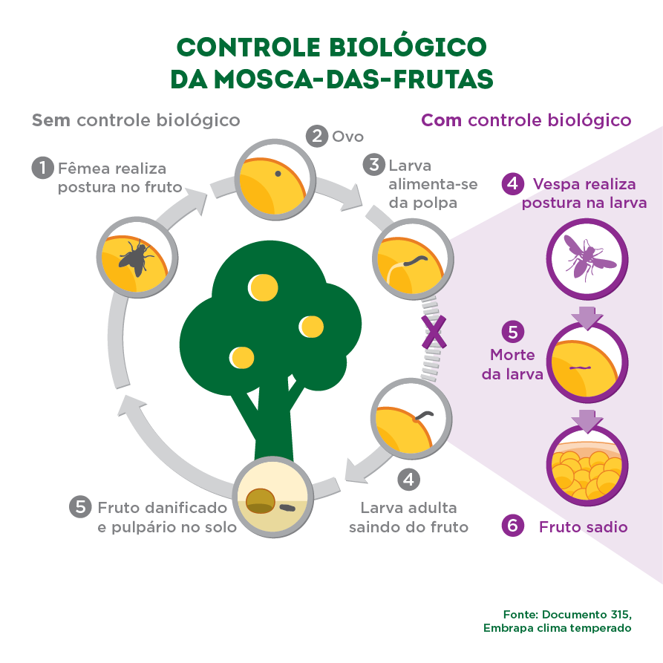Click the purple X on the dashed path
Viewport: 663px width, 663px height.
434,331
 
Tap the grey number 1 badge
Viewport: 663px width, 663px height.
43,168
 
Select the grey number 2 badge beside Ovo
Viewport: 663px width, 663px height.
317,137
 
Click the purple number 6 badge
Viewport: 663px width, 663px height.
512,526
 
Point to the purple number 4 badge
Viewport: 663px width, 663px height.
512,183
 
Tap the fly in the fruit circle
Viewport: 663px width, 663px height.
135,257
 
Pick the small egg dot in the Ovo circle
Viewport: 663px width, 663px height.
278,174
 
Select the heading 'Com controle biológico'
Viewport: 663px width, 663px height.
526,120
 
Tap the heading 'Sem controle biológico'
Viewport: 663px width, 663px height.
136,120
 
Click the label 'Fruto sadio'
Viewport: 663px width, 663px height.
583,527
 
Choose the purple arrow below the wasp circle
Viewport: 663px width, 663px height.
587,317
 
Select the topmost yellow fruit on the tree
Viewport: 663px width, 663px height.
261,285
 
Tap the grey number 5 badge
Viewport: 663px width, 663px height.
79,507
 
